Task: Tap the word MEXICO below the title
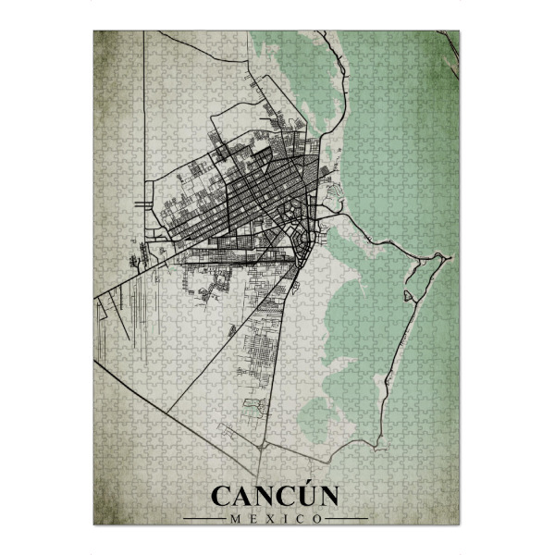(x=275, y=520)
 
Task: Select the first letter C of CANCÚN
(x=222, y=497)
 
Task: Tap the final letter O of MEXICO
(x=318, y=520)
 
